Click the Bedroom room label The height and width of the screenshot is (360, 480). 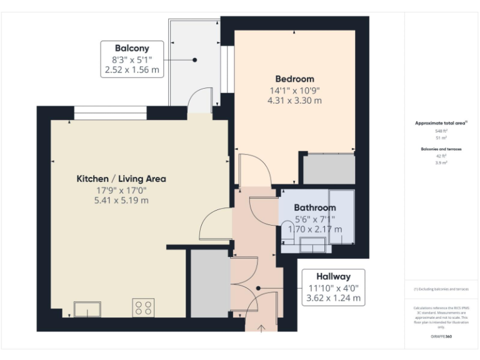click(x=294, y=79)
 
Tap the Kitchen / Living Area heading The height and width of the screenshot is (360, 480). click(x=121, y=179)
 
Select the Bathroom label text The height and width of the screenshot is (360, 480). click(x=315, y=207)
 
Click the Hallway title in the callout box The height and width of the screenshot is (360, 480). click(x=332, y=276)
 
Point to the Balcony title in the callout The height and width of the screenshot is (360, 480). click(x=131, y=48)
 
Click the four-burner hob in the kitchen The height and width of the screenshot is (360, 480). click(x=143, y=307)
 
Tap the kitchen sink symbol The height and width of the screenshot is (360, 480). click(x=87, y=309)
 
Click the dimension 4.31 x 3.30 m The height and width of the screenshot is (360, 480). click(x=294, y=101)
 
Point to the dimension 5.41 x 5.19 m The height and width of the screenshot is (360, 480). click(x=121, y=201)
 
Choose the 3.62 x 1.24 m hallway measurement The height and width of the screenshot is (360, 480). click(x=332, y=298)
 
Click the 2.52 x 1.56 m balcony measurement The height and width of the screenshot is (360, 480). click(x=131, y=70)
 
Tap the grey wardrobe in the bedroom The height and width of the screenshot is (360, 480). click(x=329, y=169)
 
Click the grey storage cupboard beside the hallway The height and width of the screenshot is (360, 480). click(x=210, y=282)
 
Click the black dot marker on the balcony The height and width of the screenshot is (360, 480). click(x=195, y=60)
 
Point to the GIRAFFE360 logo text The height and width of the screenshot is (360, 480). click(x=441, y=337)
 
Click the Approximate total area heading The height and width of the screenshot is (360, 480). click(x=441, y=123)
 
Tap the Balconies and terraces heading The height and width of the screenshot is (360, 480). click(x=441, y=149)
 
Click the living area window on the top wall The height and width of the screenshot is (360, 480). click(x=111, y=113)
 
